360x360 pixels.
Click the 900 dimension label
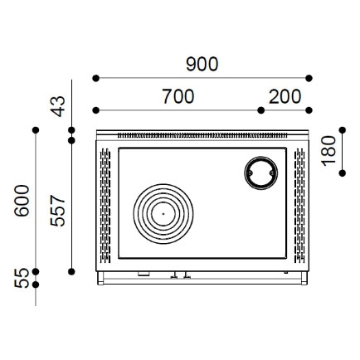[x=202, y=64]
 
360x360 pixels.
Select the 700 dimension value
[x=178, y=96]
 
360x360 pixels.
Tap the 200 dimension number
[x=285, y=96]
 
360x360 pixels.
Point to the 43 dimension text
[x=58, y=106]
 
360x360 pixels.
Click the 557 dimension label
[x=58, y=211]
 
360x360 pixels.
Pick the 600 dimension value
[x=22, y=201]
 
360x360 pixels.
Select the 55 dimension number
[x=22, y=278]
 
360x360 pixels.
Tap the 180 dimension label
[x=328, y=151]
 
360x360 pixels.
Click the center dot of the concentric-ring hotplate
[x=163, y=214]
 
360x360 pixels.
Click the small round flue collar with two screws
[x=261, y=158]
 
